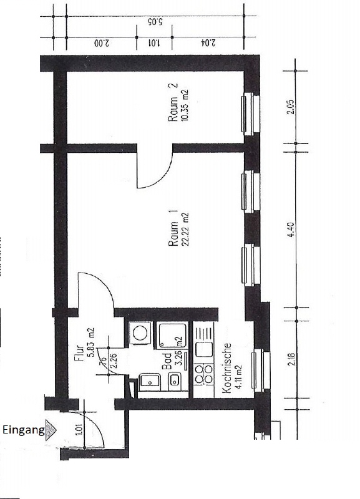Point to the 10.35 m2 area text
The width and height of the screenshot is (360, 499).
click(185, 107)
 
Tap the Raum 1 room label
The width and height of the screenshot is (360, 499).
click(174, 231)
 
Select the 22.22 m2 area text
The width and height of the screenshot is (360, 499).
click(185, 231)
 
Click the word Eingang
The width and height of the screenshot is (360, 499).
click(23, 430)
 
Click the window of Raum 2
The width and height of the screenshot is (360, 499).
click(249, 114)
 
